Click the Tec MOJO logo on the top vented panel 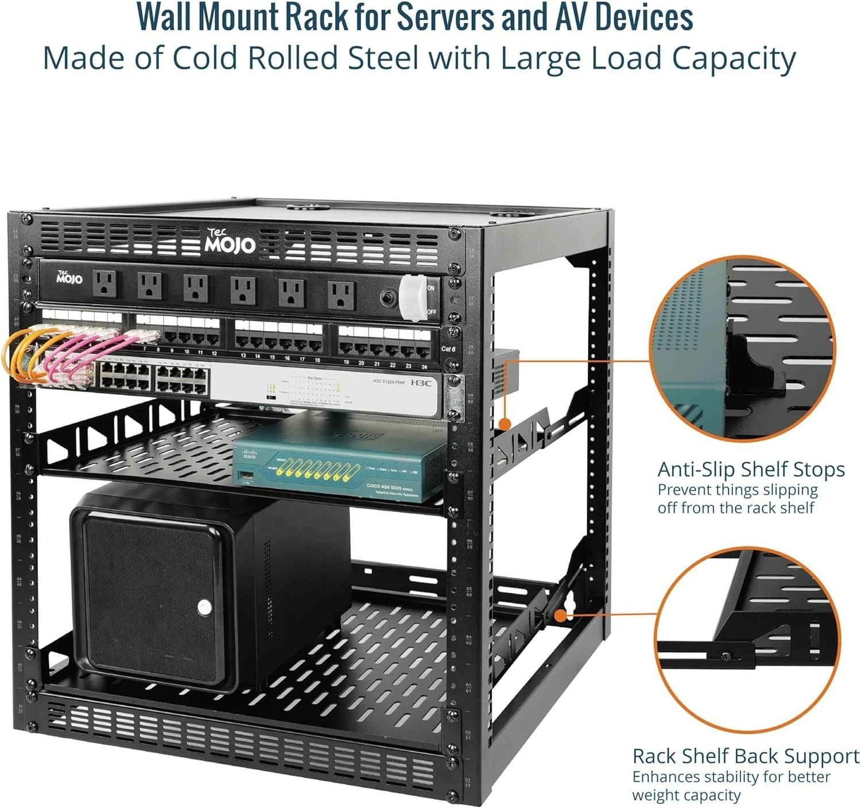point(230,242)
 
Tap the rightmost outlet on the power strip point(341,294)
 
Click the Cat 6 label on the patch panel point(448,349)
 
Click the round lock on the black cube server point(204,607)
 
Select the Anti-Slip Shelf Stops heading point(751,469)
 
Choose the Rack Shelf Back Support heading point(746,756)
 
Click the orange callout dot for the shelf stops point(505,424)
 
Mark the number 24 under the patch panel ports point(424,366)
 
